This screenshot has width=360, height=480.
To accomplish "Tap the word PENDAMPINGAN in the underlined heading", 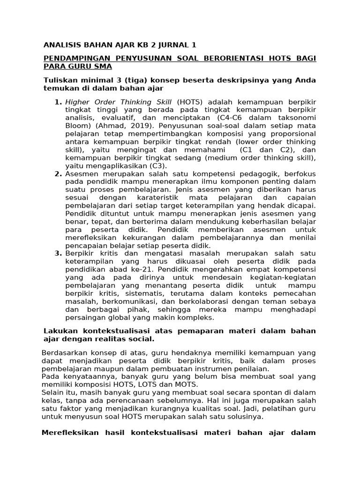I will (x=75, y=58).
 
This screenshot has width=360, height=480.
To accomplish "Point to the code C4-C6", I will (x=239, y=118).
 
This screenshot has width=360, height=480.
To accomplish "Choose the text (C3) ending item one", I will (x=157, y=165).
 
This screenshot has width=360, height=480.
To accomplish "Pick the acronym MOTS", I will (x=185, y=384).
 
